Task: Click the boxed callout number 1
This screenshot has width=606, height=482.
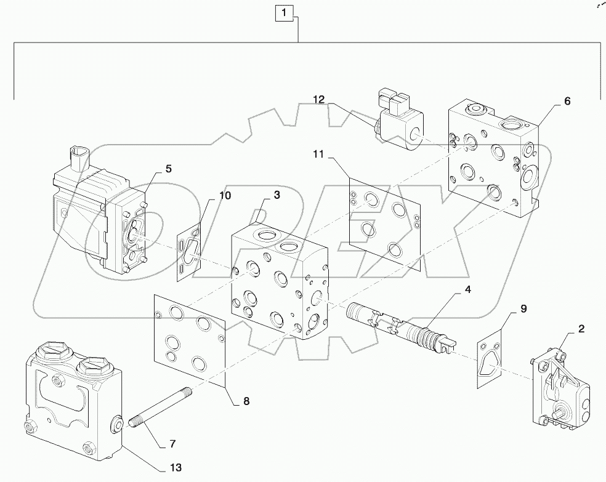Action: pos(284,12)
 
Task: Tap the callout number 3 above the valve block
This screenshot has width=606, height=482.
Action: pos(277,195)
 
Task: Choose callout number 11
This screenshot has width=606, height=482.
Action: pos(317,153)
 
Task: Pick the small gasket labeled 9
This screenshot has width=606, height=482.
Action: pos(490,361)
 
